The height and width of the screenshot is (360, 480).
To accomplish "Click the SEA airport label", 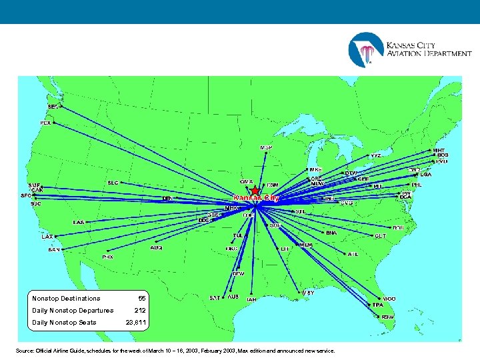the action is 53,106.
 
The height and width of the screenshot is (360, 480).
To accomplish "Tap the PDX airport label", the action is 45,123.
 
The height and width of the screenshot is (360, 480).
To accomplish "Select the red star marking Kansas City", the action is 255,191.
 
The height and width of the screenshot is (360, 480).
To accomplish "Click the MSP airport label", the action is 265,147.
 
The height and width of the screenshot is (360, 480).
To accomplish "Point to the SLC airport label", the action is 113,182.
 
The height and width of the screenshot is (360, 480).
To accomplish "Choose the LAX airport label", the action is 47,237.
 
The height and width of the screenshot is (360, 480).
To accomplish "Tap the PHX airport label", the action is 107,257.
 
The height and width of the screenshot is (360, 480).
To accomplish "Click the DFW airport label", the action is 238,273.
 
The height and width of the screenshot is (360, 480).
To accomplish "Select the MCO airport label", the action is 389,299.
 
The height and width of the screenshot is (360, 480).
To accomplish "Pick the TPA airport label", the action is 378,305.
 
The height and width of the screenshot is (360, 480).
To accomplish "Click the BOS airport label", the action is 443,155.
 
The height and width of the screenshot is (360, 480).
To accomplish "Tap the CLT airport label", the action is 381,235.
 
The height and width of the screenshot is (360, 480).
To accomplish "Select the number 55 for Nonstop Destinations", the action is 142,299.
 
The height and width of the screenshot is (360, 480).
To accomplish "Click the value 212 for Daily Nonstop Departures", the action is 140,311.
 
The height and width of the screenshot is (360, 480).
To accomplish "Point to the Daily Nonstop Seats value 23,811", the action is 137,323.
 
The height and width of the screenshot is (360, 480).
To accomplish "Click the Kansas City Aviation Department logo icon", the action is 365,49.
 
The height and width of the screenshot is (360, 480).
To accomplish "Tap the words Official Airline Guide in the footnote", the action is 64,351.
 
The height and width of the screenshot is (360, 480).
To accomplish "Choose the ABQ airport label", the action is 156,247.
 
